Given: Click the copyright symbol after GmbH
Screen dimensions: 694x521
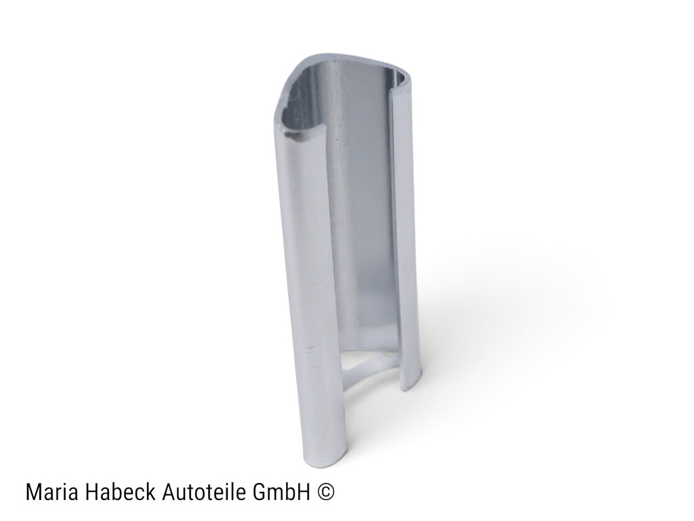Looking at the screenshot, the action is coord(326,493).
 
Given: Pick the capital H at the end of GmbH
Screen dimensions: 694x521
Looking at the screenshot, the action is coord(304,493).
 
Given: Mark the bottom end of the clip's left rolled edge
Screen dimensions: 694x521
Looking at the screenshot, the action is coord(323,461).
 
